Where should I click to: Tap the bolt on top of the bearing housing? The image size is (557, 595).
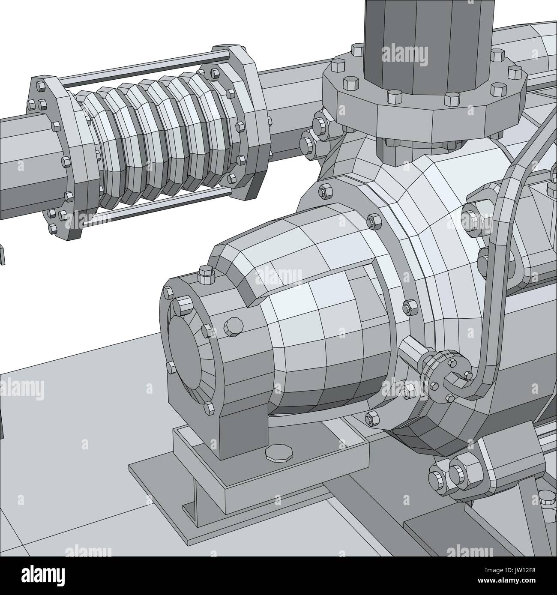coord(206,274)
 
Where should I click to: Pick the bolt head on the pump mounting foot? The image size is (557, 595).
coord(278,454)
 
